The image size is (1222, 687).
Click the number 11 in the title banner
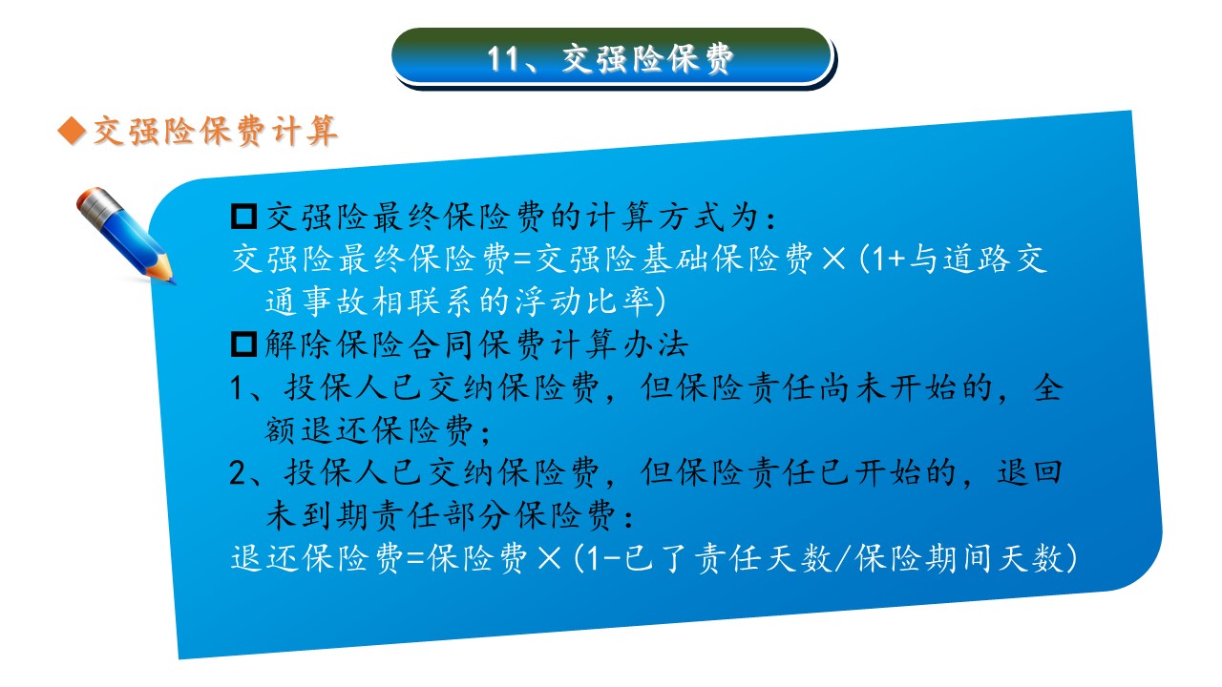503,59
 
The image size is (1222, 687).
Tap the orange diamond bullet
72,131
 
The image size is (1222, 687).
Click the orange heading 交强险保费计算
216,131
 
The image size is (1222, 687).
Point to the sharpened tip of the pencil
173,281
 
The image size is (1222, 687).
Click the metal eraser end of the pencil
94,204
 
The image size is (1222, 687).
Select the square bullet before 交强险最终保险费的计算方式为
243,217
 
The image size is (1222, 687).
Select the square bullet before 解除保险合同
243,344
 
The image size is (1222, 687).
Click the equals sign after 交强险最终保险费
522,259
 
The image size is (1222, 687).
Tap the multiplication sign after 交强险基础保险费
833,259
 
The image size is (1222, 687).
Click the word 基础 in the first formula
675,259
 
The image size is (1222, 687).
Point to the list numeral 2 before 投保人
239,472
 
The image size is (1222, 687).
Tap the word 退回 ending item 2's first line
1029,472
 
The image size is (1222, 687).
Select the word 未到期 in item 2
319,515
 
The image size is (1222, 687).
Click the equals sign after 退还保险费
415,558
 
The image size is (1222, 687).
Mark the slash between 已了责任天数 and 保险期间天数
843,558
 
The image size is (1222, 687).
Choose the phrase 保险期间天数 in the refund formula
959,558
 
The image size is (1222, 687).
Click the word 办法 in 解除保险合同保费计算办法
655,344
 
